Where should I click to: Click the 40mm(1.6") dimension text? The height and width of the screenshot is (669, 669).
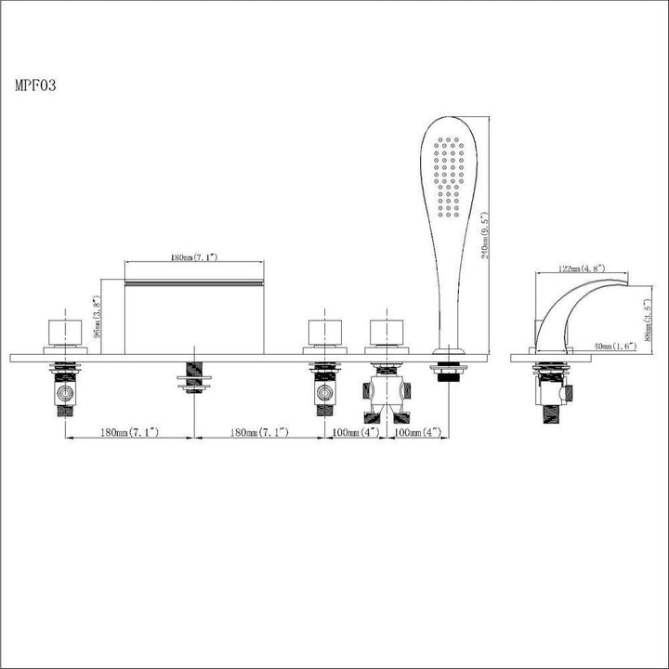[614, 346]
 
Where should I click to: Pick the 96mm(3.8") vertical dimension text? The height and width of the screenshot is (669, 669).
[96, 314]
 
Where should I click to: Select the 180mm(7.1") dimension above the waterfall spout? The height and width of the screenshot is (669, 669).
[193, 257]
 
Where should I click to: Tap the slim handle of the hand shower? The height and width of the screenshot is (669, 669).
[449, 297]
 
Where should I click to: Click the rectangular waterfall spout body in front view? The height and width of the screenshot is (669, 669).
[193, 311]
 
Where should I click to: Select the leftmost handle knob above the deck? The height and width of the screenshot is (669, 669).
[64, 331]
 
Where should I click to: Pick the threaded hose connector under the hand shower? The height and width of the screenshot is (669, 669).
[448, 370]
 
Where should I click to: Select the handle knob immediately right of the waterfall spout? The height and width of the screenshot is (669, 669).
[324, 331]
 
